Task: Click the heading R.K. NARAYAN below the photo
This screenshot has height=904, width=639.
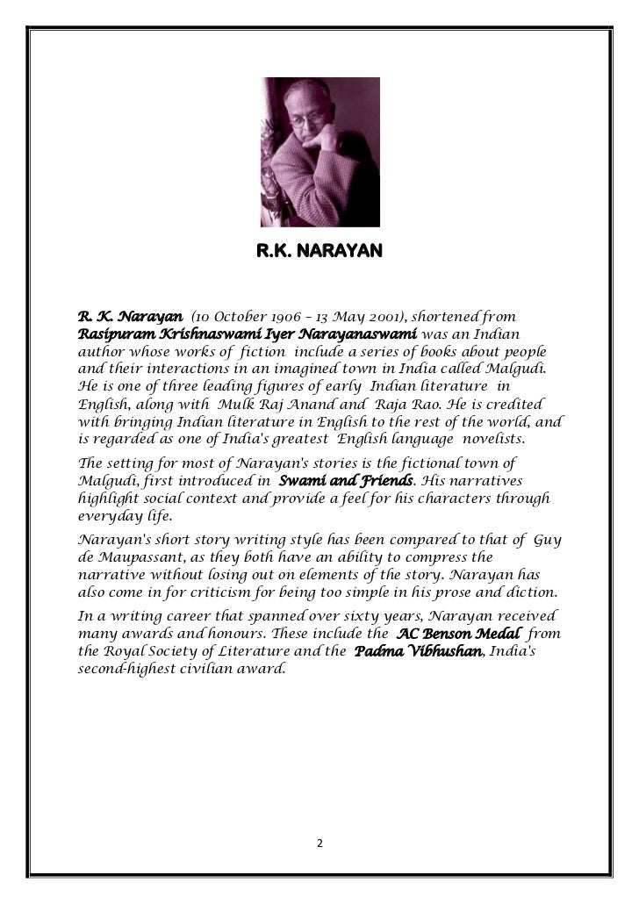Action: coord(319,254)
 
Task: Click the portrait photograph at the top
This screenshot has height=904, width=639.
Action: coord(319,151)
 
